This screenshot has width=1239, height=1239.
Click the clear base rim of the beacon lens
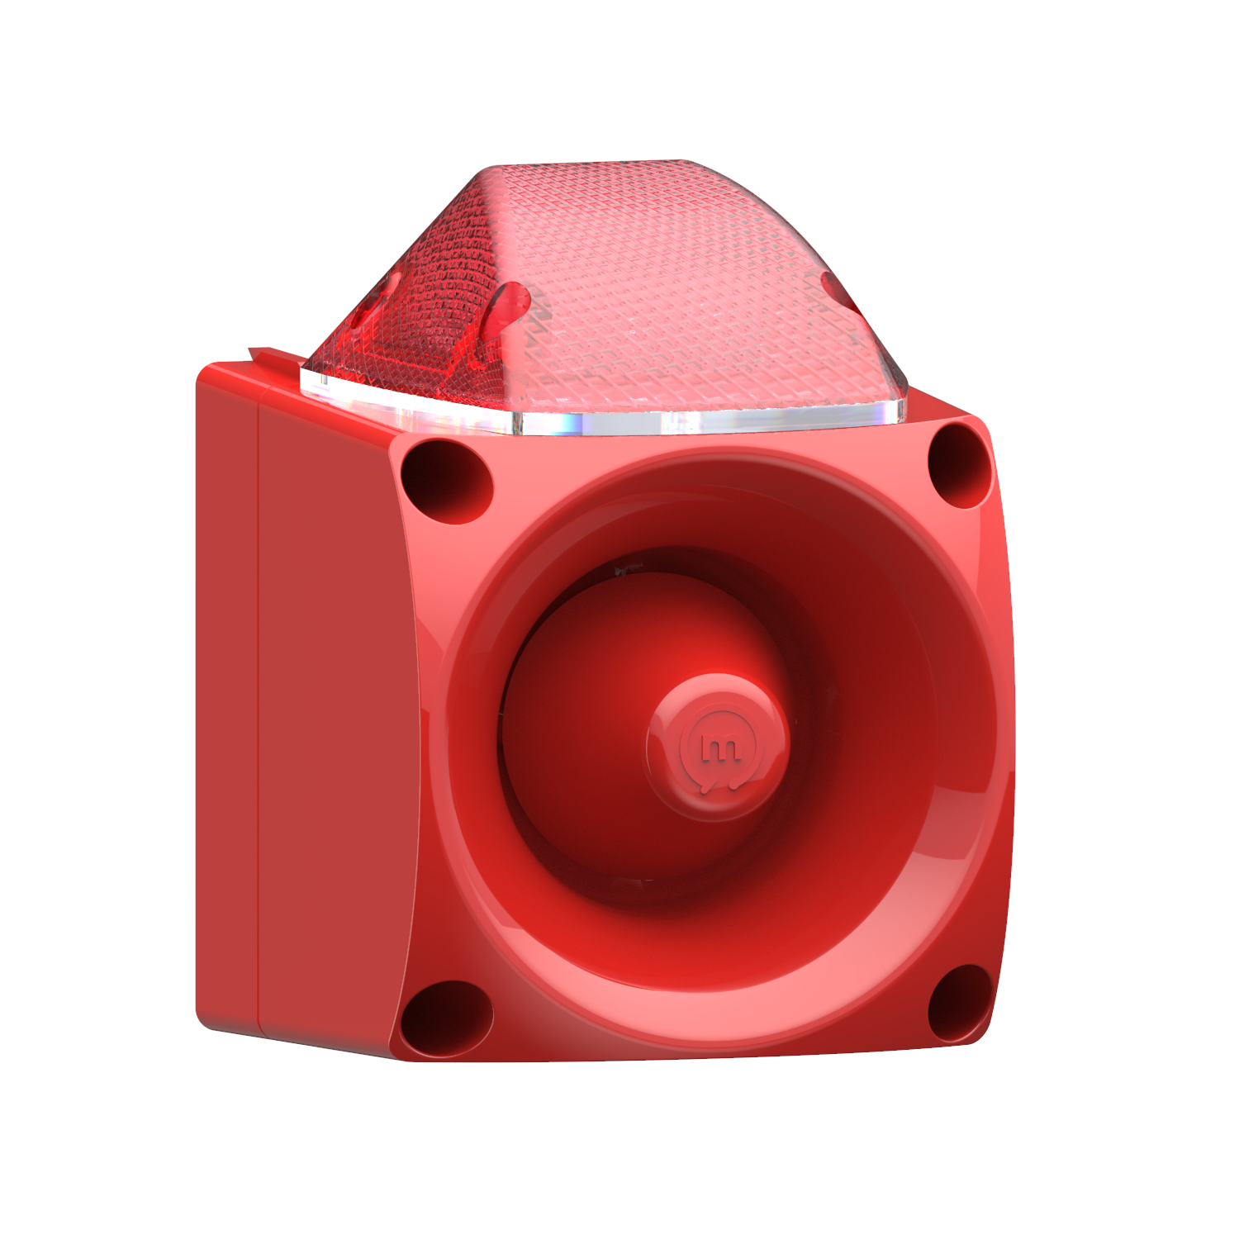(x=702, y=421)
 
